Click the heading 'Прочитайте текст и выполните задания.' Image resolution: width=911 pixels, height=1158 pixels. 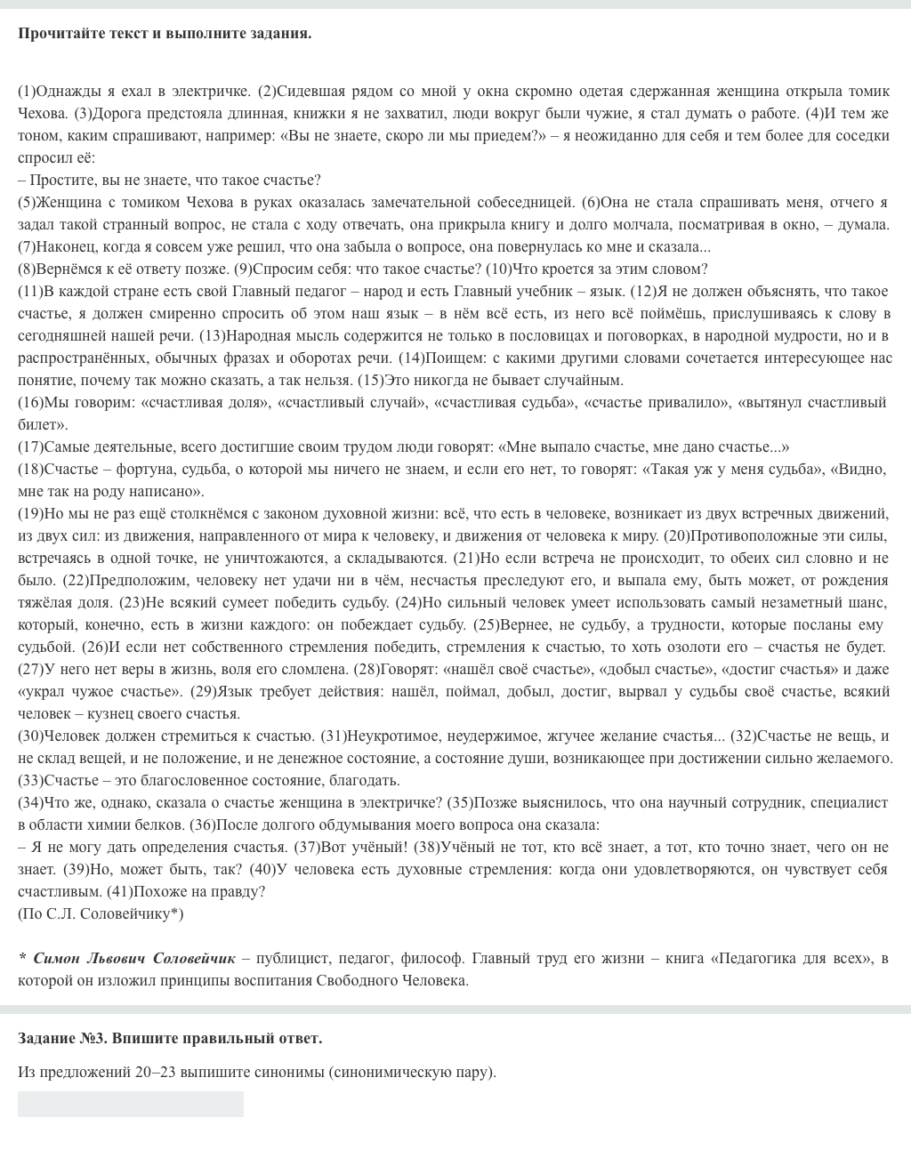[x=165, y=34]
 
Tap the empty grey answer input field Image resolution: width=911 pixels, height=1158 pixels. [x=130, y=1104]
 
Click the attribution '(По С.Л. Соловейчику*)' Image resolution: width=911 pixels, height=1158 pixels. [x=101, y=913]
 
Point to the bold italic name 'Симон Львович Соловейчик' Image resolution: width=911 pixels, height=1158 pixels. [x=134, y=958]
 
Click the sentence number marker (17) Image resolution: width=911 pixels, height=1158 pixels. [x=30, y=446]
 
